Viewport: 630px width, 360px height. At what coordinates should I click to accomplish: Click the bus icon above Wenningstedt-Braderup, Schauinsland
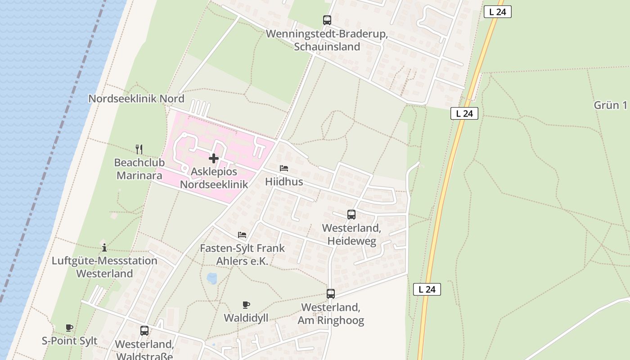click(327, 20)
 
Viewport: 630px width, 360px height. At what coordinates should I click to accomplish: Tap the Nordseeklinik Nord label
click(136, 99)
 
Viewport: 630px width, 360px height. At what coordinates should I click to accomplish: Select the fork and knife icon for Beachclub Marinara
click(139, 149)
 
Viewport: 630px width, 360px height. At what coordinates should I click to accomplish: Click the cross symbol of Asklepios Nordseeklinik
click(214, 158)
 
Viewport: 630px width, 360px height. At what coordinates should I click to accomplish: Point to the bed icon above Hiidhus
click(284, 168)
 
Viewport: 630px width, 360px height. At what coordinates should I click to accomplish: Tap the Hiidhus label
click(284, 182)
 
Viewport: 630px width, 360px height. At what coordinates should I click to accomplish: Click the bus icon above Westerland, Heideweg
click(351, 215)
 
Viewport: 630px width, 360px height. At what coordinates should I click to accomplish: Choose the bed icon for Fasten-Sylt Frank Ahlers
click(242, 235)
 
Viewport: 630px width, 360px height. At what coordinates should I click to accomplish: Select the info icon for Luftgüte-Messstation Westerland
click(104, 247)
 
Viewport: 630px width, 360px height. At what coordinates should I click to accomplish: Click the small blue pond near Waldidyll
click(211, 279)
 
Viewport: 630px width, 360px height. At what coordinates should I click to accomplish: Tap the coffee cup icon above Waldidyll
click(246, 305)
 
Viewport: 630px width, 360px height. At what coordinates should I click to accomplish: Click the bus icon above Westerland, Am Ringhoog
click(331, 294)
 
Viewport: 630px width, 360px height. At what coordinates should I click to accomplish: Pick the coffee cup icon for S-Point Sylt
click(69, 328)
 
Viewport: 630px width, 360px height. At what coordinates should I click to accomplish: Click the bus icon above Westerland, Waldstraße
click(144, 331)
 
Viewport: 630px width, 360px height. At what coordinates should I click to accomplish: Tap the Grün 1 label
click(610, 105)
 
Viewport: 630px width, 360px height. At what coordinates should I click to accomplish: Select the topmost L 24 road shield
click(497, 12)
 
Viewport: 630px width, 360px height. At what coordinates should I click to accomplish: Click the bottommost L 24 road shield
click(427, 289)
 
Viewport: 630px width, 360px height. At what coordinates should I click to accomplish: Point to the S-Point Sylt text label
click(69, 341)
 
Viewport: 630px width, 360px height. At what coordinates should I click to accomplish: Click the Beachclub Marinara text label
click(139, 169)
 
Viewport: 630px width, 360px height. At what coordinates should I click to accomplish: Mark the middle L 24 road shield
click(464, 113)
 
